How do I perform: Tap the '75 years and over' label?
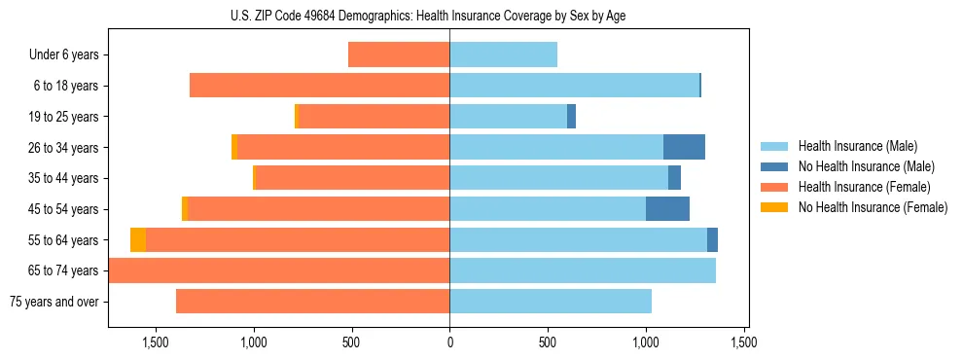click(x=54, y=302)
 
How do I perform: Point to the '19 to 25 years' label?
click(x=63, y=117)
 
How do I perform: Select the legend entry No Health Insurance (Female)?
click(x=873, y=207)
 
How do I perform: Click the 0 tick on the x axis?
click(x=449, y=342)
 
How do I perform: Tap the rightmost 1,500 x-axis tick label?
click(x=743, y=342)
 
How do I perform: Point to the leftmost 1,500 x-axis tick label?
click(x=156, y=342)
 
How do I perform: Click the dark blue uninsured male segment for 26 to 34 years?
click(x=684, y=147)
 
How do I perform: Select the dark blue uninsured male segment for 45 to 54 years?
click(x=667, y=209)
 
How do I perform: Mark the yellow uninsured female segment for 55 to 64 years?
click(x=138, y=239)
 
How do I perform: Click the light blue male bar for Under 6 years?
click(x=503, y=54)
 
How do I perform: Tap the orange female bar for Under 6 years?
click(x=399, y=54)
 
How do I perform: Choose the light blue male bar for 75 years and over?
click(x=551, y=302)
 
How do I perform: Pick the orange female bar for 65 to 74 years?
click(x=279, y=270)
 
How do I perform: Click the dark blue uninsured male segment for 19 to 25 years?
click(x=572, y=117)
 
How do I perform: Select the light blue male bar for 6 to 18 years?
click(x=574, y=86)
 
